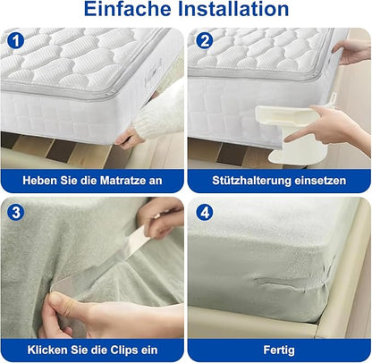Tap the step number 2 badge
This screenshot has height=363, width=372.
coord(204,41)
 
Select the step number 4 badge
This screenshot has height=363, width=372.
coord(204,212)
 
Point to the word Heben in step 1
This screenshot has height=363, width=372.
coord(42,181)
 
